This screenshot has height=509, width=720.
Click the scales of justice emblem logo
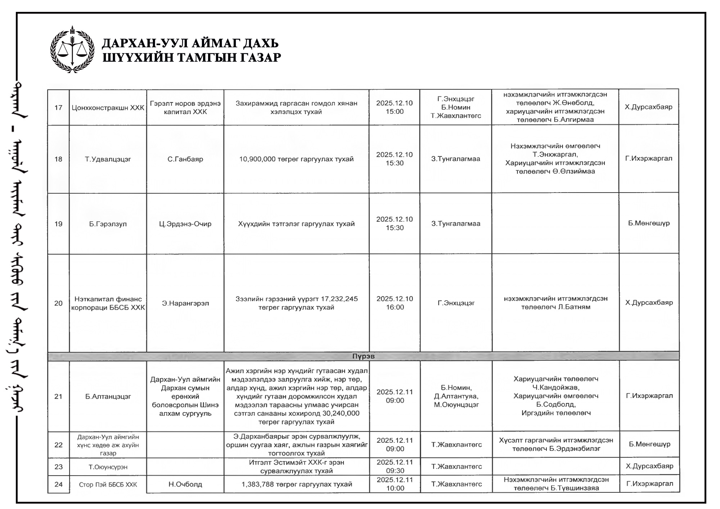coord(72,49)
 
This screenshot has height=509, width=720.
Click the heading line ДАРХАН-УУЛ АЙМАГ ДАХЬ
coord(190,43)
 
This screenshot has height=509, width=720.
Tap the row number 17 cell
coord(58,108)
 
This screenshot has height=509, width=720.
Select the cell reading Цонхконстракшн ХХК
coord(108,108)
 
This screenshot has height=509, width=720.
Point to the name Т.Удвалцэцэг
coord(108,159)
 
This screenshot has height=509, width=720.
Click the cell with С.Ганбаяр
coord(185,159)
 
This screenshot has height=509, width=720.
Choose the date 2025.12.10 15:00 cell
coord(395,107)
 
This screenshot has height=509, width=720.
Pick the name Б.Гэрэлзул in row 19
coord(108,224)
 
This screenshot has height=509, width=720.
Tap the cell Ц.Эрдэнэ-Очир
coord(185,224)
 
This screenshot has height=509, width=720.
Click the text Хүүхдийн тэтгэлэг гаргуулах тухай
coord(296,224)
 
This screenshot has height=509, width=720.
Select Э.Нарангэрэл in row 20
coord(185,303)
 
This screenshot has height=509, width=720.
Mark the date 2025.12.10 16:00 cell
coord(395,303)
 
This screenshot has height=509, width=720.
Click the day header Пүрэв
coord(363,356)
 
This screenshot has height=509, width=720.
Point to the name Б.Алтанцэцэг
coord(108,397)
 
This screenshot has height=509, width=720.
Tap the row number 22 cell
coord(58,445)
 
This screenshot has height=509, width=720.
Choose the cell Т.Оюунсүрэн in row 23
coord(108,467)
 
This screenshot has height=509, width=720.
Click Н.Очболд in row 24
coord(185,485)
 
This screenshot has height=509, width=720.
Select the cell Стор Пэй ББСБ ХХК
coord(108,485)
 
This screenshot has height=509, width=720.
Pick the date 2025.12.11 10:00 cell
coord(395,484)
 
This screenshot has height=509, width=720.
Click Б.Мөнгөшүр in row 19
coord(649,223)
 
